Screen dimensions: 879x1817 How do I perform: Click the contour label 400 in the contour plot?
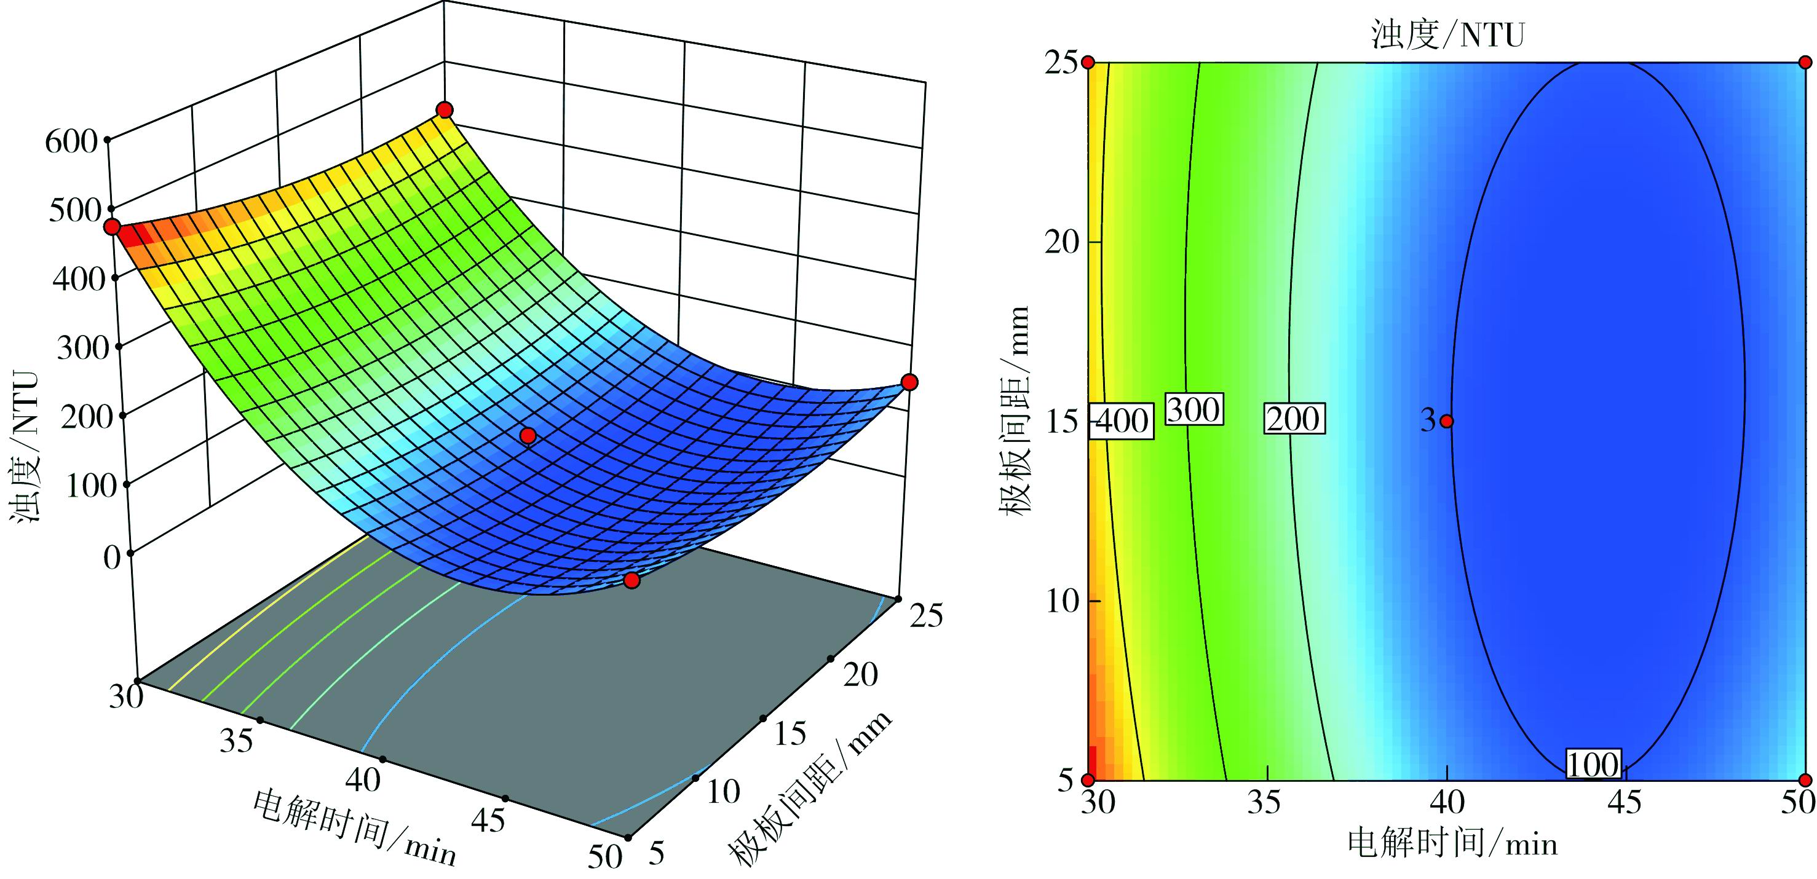coord(1122,422)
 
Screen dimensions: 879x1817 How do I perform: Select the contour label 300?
coord(1193,409)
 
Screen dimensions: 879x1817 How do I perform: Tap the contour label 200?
coord(1293,419)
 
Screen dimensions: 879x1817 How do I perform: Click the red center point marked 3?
coord(1447,421)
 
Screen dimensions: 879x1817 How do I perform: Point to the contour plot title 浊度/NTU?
coord(1447,34)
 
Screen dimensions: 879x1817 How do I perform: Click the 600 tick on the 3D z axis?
coord(71,141)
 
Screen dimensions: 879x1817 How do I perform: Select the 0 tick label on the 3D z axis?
coord(112,558)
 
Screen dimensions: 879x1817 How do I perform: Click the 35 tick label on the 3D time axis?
coord(236,741)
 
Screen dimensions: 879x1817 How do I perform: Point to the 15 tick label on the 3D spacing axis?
coord(790,734)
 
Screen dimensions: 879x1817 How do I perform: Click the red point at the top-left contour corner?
coord(1088,63)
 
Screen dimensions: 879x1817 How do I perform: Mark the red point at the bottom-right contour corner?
coord(1805,780)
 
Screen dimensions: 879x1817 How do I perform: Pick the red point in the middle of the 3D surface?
coord(528,436)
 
